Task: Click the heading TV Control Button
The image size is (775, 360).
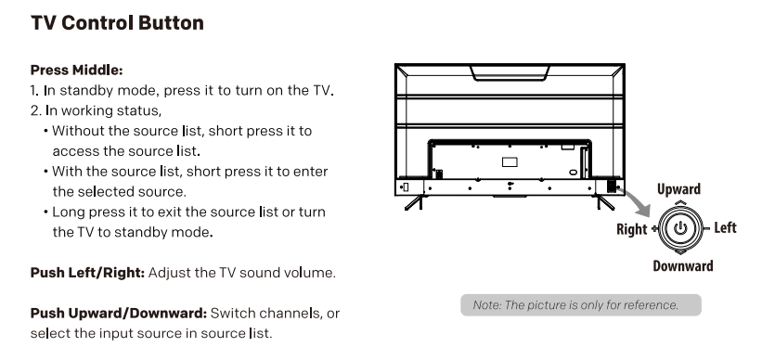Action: click(x=117, y=23)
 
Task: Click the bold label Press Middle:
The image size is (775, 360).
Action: click(x=77, y=71)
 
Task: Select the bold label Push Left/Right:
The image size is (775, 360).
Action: click(x=87, y=273)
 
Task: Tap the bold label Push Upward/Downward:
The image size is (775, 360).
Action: click(x=119, y=313)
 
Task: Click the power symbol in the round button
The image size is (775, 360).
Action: click(x=680, y=227)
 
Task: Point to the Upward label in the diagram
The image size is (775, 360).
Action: click(x=678, y=189)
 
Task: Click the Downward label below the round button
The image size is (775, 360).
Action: click(x=682, y=266)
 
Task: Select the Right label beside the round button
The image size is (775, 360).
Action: click(x=631, y=229)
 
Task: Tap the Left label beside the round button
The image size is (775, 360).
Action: click(x=725, y=227)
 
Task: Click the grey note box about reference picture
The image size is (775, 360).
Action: click(x=581, y=305)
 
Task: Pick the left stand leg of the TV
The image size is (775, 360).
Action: click(x=414, y=202)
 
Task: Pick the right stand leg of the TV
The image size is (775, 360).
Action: click(x=605, y=202)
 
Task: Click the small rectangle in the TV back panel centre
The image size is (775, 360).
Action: click(x=510, y=162)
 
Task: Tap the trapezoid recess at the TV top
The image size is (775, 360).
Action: click(x=510, y=72)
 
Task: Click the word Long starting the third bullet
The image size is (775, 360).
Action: click(x=68, y=212)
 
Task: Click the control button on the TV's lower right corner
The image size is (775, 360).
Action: click(x=611, y=186)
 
